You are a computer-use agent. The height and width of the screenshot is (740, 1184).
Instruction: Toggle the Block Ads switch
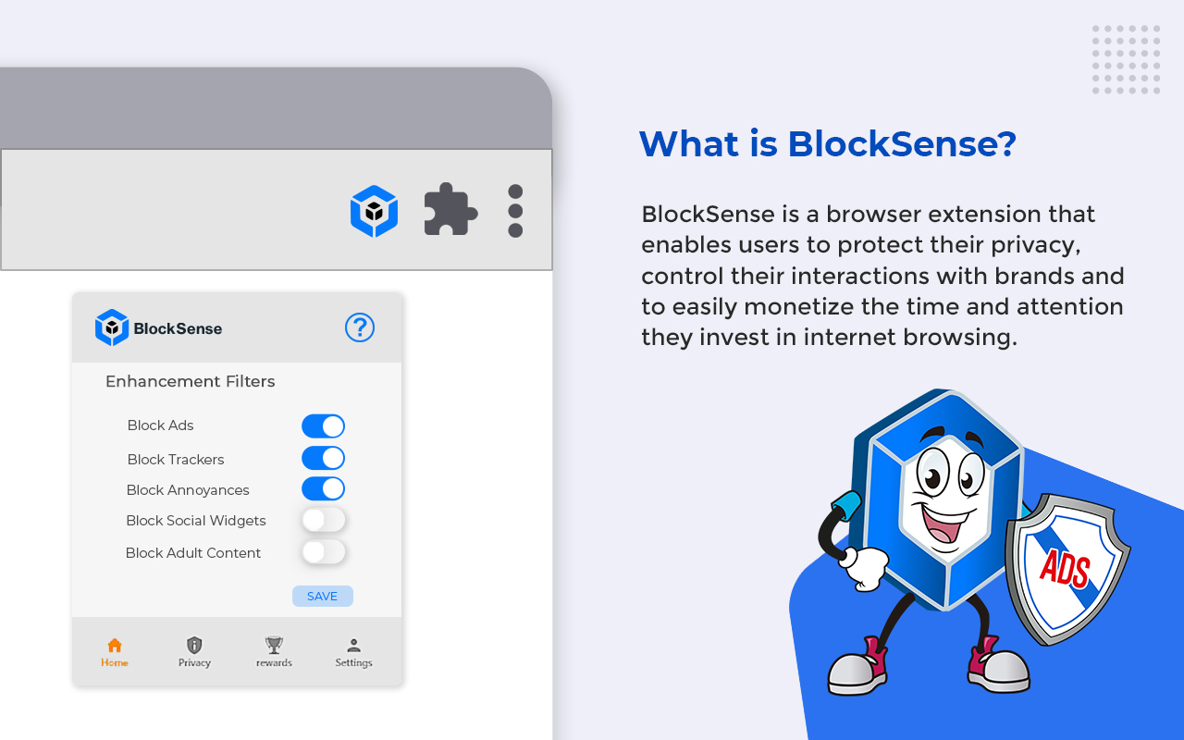point(323,425)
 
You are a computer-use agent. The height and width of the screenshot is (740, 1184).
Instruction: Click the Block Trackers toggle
point(323,458)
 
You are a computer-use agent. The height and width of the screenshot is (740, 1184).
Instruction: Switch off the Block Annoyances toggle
point(323,488)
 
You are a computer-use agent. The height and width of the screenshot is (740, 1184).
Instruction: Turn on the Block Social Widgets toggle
point(323,520)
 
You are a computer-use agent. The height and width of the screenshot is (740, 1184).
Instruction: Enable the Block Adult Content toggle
point(323,552)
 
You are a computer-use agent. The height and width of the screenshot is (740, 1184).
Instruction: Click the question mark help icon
point(360,327)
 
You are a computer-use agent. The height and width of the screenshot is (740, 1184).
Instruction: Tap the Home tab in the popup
point(115,652)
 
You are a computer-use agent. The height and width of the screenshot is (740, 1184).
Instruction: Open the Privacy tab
point(194,652)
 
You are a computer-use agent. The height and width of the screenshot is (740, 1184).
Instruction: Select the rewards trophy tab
point(274,652)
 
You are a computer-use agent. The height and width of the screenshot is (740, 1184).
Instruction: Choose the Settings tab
point(353,652)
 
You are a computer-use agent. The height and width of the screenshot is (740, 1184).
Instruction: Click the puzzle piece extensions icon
point(450,211)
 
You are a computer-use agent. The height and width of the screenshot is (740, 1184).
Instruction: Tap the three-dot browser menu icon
point(515,211)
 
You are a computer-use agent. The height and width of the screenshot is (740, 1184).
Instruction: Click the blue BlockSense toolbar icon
point(374,211)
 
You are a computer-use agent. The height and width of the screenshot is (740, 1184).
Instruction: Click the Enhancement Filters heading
point(190,381)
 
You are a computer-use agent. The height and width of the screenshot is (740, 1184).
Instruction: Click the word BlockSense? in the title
point(901,144)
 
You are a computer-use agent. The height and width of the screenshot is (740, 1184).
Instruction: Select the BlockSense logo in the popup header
point(158,327)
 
